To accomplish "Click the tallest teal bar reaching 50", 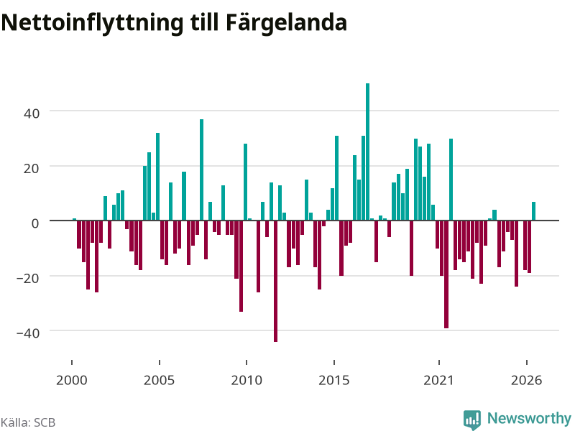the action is click(367, 152).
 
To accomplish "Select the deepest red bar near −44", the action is click(275, 281).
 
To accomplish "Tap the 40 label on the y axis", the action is click(32, 113).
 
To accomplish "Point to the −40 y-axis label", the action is click(28, 333).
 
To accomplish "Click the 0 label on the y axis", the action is click(35, 223).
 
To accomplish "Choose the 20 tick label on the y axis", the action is click(32, 168).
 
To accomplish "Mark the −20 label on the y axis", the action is click(28, 278).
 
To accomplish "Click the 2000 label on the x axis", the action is click(71, 380).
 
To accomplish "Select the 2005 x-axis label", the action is click(159, 380).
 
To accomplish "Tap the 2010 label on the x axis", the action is click(247, 380).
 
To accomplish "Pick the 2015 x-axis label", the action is click(334, 380).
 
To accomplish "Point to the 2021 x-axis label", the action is click(439, 380).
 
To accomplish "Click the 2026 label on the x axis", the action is click(527, 380).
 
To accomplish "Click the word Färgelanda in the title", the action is click(286, 23).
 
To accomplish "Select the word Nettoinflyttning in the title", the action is click(92, 23).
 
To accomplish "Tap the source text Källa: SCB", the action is click(28, 422).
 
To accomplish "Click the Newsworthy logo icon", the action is click(472, 420).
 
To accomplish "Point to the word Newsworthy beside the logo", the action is click(529, 418).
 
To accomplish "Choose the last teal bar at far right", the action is click(533, 211).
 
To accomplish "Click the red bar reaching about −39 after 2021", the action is click(446, 274).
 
